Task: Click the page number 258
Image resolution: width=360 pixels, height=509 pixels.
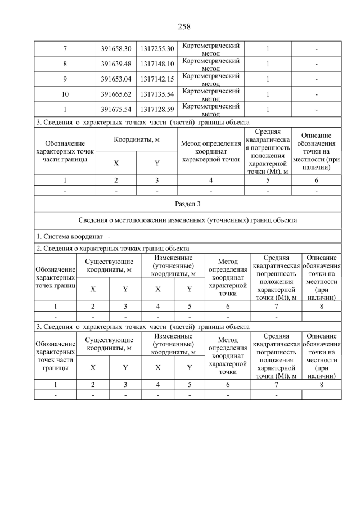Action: coord(180,26)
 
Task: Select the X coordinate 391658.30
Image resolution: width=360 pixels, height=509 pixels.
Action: coord(116,49)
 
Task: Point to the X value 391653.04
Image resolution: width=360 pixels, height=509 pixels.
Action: coord(116,79)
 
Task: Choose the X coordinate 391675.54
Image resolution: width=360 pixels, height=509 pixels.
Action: coord(116,109)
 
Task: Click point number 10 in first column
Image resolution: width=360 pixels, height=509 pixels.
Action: coord(65,94)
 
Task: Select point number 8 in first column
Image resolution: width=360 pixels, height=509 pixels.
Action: coord(65,64)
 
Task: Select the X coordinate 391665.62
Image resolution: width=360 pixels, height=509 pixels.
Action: coord(116,94)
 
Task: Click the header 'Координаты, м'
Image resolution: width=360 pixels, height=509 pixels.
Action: coord(137,139)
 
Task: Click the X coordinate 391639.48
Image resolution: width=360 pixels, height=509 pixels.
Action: coord(116,64)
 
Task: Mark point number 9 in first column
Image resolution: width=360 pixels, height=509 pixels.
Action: coord(65,79)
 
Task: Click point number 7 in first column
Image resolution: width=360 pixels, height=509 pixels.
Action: coord(65,49)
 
